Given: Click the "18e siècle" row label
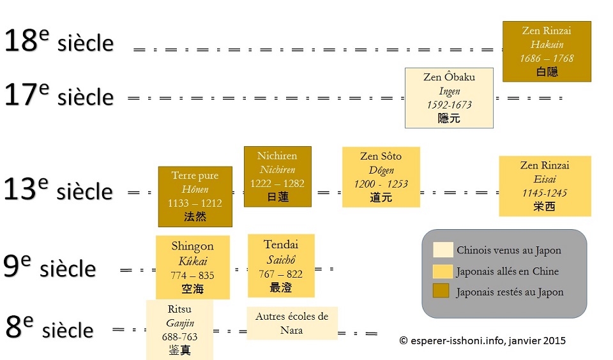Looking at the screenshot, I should (x=59, y=42).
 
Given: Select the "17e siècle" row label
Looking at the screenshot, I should (x=59, y=96).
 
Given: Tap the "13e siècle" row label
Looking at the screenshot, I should (x=58, y=190).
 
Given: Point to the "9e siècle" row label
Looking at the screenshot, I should (x=50, y=267).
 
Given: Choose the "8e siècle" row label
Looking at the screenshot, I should (x=49, y=329).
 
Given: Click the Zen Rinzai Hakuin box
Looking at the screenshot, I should (x=547, y=52).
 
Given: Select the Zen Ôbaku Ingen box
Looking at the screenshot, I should (x=449, y=98).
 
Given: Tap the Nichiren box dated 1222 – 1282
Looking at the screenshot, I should (x=277, y=177).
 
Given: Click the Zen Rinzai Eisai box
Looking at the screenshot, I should (x=545, y=186).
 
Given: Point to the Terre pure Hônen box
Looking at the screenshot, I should (x=195, y=197).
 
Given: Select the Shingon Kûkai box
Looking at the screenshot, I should (x=192, y=267).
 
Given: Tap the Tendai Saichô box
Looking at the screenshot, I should (x=281, y=266).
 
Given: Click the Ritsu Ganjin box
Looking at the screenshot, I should (x=179, y=330).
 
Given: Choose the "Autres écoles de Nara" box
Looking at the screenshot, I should (x=292, y=323).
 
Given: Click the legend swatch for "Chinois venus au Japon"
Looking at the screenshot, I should (x=443, y=250).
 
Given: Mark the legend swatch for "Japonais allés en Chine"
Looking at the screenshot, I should (x=443, y=271).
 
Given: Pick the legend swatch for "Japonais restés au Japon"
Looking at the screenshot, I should (x=443, y=292).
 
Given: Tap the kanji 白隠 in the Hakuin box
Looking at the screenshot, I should (x=547, y=71).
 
